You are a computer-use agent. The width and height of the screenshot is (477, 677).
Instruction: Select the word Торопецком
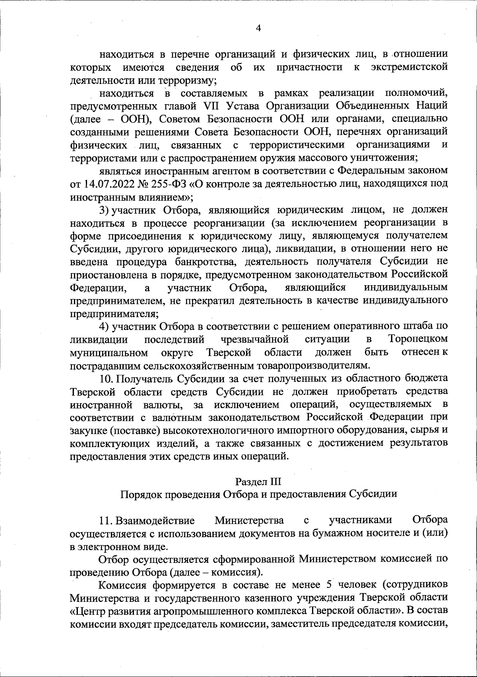click(x=417, y=339)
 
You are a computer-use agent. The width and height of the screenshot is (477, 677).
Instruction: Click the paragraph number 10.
click(x=106, y=378)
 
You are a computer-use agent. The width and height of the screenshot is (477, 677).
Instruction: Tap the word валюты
click(x=161, y=405)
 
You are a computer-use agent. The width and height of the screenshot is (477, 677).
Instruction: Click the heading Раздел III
click(x=258, y=482)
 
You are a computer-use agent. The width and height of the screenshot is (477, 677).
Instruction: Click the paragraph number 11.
click(x=106, y=521)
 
